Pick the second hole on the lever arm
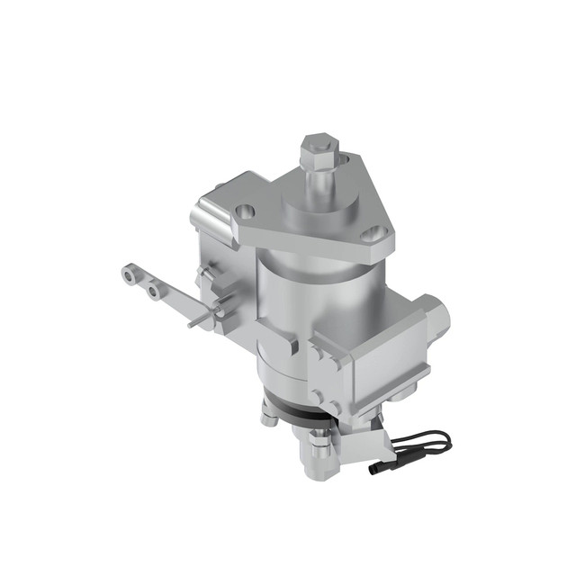155,290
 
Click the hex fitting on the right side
440,315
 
